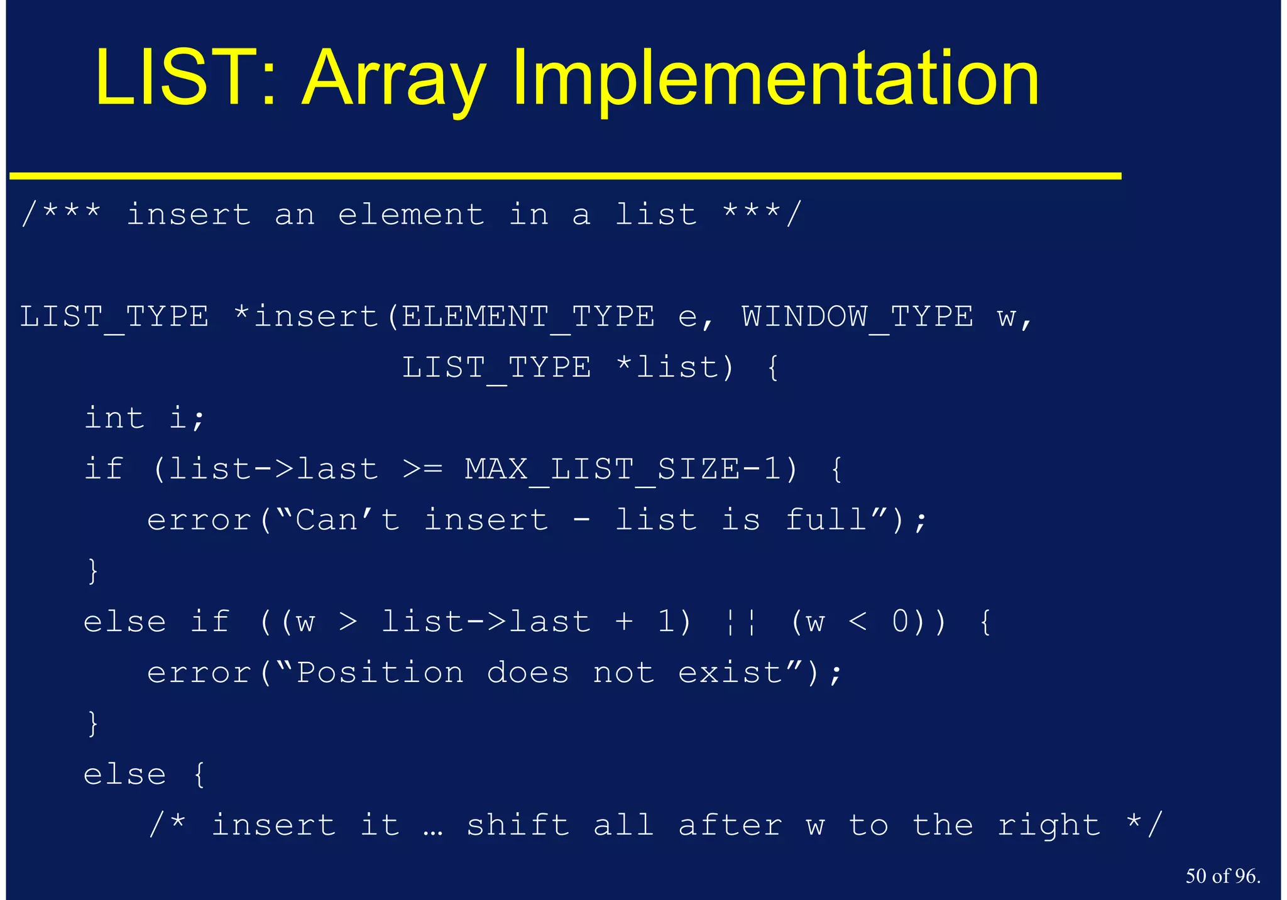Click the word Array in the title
click(394, 80)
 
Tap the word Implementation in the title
click(775, 80)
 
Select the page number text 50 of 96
click(1222, 876)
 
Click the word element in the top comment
click(411, 215)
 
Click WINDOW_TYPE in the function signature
click(857, 317)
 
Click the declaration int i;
click(145, 418)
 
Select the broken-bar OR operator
click(742, 622)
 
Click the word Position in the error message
click(380, 673)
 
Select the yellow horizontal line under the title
click(566, 176)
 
